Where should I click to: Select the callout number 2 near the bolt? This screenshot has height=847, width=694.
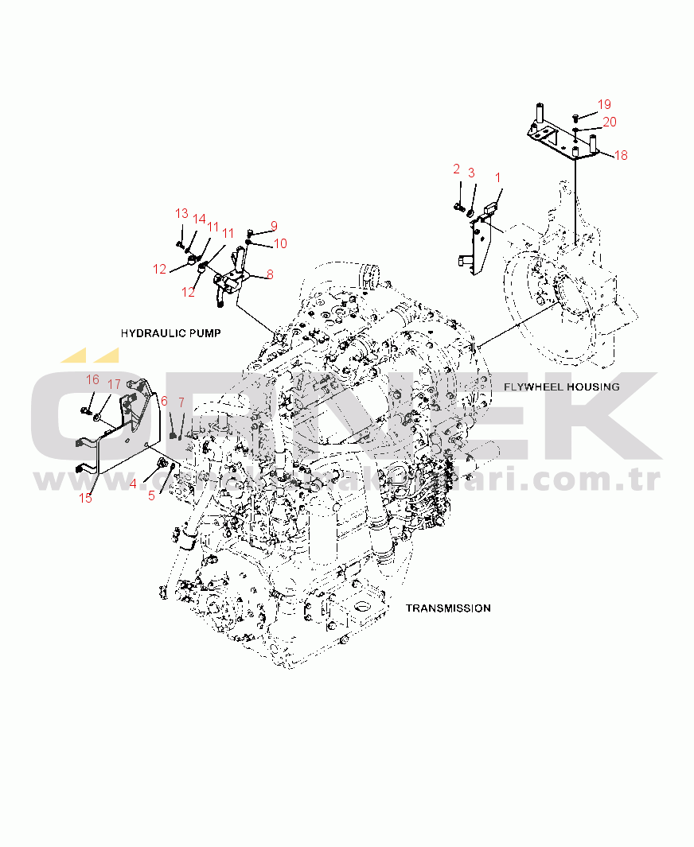(457, 169)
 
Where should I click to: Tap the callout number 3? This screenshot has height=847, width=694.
(471, 173)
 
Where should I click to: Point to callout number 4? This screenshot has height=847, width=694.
(134, 483)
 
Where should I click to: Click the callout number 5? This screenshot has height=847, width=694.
(151, 495)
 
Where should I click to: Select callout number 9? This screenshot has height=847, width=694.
(274, 226)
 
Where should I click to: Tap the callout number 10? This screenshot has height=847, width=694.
(280, 243)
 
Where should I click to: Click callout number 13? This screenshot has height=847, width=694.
(181, 213)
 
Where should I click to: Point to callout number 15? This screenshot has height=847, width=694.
(85, 498)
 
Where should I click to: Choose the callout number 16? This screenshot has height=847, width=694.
(93, 379)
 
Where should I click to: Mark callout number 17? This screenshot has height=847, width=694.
(114, 385)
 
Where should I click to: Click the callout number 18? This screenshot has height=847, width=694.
(620, 155)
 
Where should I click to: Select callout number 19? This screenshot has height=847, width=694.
(604, 104)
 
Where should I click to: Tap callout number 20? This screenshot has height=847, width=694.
(609, 122)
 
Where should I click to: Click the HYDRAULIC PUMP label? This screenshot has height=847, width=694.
(170, 332)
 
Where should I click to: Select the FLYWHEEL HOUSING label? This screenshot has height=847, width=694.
(561, 387)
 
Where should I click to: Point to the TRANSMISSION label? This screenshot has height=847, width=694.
(448, 608)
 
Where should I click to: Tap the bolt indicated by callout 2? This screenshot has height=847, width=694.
(459, 206)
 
